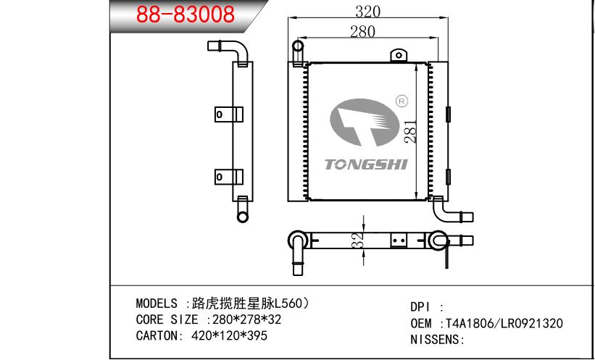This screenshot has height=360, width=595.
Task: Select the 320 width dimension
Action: [x=367, y=11]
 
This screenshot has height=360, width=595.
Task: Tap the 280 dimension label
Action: [x=362, y=31]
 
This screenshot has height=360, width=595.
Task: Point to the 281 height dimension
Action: [x=409, y=130]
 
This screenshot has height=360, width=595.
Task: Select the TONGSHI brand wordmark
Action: [x=367, y=164]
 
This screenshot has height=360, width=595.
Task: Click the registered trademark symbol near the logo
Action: [x=403, y=101]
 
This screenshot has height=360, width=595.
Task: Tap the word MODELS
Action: [x=157, y=304]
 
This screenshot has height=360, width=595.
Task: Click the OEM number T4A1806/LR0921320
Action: [x=504, y=324]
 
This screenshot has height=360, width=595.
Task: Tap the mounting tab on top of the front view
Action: [x=397, y=55]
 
